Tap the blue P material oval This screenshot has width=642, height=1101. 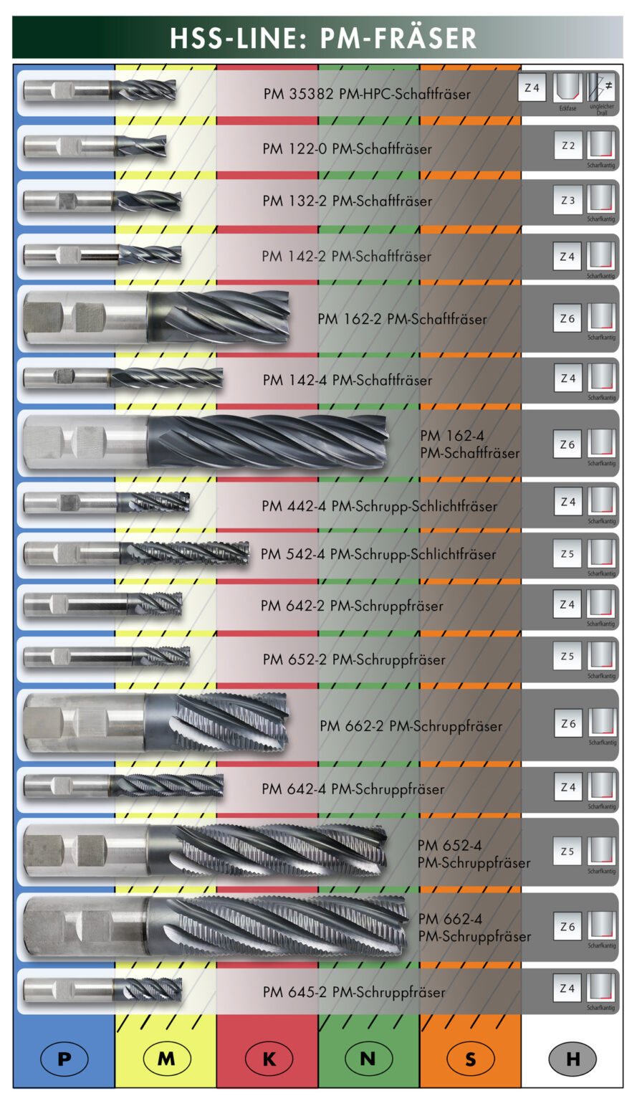point(64,1058)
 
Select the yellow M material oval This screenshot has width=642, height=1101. point(166,1058)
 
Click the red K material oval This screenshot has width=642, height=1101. point(269,1058)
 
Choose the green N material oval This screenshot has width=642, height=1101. point(368,1058)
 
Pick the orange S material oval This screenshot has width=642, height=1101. point(470,1058)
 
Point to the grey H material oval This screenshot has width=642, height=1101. point(572,1058)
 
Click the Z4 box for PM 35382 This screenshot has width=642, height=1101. point(532,87)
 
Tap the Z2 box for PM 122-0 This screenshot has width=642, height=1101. point(567,146)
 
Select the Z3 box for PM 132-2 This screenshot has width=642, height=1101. point(567,201)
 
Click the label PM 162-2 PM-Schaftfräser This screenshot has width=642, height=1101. point(402,319)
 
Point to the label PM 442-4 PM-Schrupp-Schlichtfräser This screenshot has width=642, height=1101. point(379,506)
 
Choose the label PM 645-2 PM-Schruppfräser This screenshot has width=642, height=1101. point(354,992)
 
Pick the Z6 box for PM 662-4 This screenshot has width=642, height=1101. point(567,927)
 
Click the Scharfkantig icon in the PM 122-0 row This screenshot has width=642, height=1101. point(601,146)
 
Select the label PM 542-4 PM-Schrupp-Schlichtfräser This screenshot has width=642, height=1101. point(378,554)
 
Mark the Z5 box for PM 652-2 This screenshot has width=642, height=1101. point(567,656)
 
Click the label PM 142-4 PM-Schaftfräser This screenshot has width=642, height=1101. point(348,380)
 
